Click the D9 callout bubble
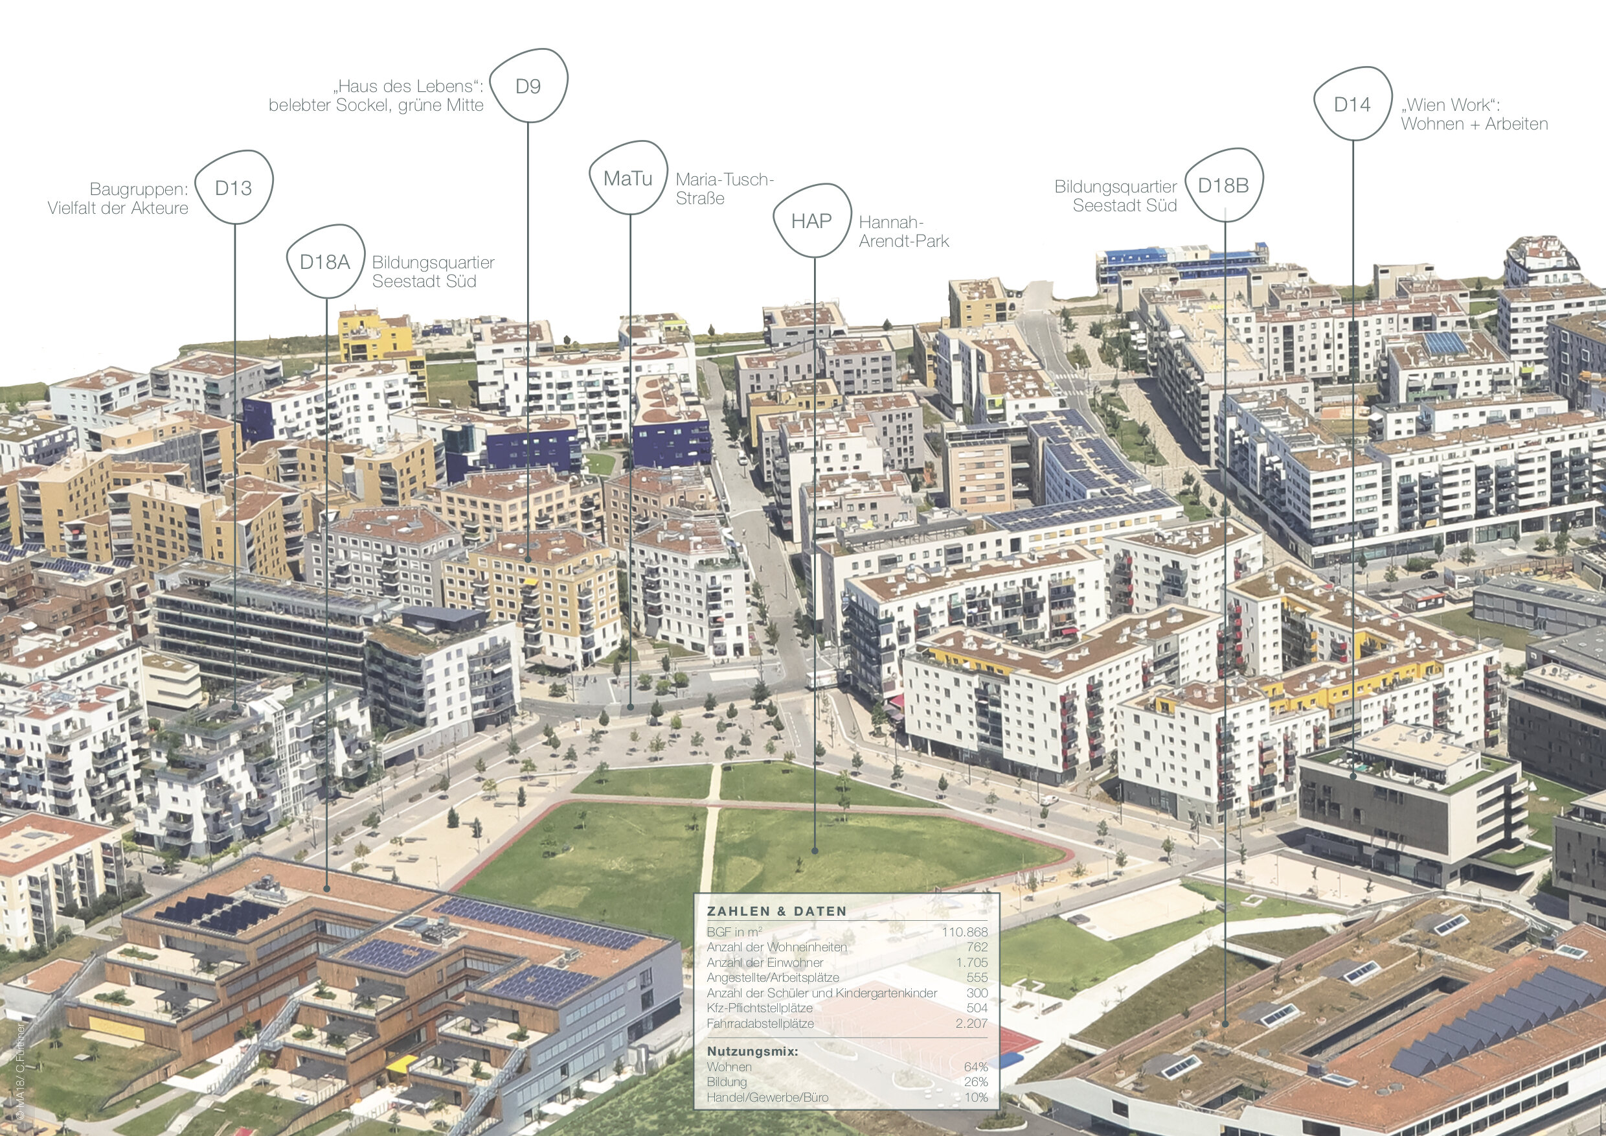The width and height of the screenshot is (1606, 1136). tap(528, 86)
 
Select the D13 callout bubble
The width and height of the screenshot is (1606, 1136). tap(234, 187)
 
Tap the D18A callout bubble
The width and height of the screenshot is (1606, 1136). tap(324, 262)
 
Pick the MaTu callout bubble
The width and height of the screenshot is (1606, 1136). tap(628, 178)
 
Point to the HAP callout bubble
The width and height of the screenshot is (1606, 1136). tap(811, 221)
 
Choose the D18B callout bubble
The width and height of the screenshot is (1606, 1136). tap(1223, 185)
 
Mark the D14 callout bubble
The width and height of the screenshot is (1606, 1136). tap(1352, 104)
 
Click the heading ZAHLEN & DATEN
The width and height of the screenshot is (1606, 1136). tap(776, 911)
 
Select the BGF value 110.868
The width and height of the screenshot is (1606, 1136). tap(965, 933)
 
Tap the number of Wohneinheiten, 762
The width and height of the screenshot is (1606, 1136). tap(977, 947)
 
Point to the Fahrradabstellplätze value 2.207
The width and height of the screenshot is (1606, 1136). tap(971, 1023)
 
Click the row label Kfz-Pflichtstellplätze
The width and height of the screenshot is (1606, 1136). tap(760, 1008)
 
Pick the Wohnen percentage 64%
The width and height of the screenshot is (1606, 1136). tap(976, 1067)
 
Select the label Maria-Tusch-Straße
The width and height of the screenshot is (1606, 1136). tap(724, 189)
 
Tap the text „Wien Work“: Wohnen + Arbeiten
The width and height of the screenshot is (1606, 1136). tap(1474, 114)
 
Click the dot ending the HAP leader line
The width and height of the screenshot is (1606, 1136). tap(815, 851)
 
